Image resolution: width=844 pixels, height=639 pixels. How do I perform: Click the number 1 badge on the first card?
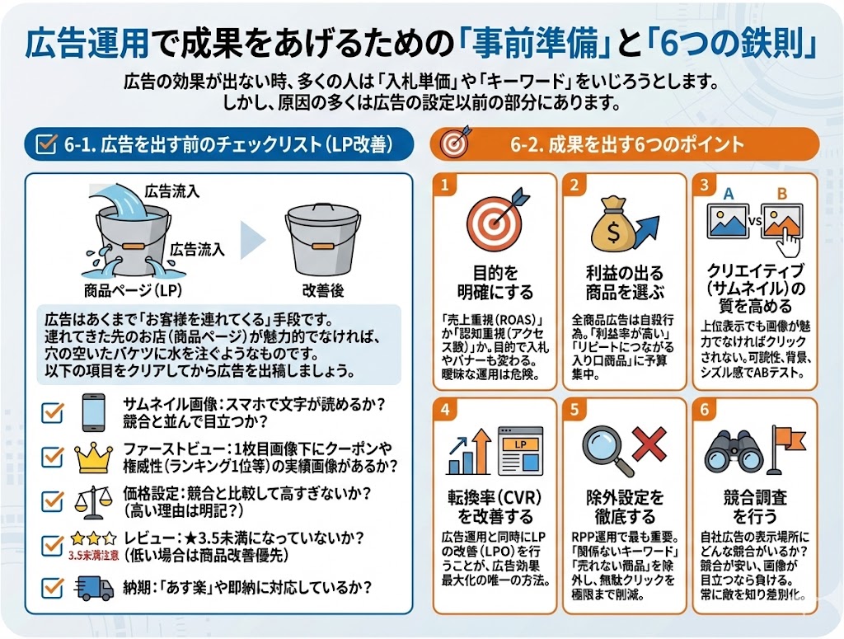444,185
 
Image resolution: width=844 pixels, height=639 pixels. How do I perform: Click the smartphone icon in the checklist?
94,411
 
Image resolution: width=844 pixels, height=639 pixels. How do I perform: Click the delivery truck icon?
94,588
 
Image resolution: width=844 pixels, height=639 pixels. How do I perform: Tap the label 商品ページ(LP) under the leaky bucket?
133,290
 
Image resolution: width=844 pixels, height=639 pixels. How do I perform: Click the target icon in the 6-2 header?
452,144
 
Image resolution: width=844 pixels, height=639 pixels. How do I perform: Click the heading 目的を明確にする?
495,283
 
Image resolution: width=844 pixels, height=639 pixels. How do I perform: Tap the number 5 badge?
574,410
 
